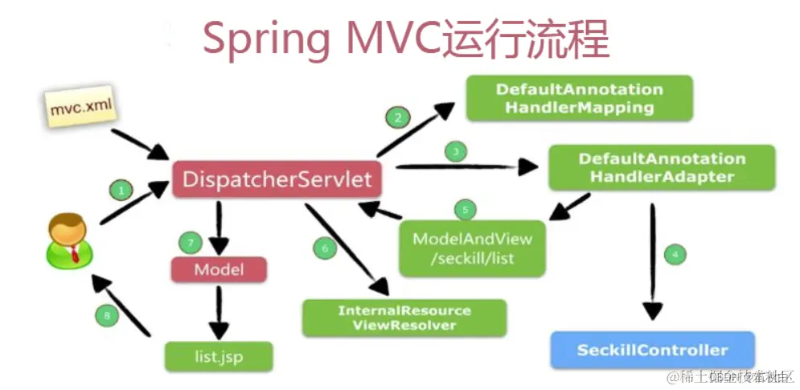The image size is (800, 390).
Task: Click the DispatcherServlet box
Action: coord(277,179)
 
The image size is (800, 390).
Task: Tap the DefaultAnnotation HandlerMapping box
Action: coord(579,98)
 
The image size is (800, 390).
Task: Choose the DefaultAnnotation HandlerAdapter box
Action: coord(661,167)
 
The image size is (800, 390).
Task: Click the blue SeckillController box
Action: coord(652,350)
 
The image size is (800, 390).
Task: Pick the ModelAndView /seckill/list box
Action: coord(472,248)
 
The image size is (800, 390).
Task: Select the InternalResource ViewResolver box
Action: coord(404,318)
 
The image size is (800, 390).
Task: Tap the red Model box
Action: coord(218,269)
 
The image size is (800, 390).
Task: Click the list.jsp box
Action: coord(218,355)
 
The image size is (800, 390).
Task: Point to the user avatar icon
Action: coord(67,242)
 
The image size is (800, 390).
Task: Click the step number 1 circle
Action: coord(121,191)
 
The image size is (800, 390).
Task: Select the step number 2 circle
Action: coord(396,118)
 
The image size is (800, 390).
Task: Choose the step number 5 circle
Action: coord(464,210)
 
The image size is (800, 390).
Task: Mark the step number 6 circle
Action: coord(325,248)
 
